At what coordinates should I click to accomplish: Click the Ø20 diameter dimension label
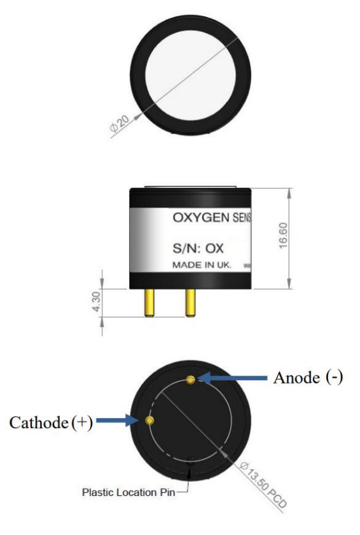click(x=120, y=124)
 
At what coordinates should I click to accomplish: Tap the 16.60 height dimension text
click(x=283, y=235)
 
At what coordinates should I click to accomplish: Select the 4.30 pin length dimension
click(x=97, y=301)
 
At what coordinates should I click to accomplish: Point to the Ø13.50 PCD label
click(x=263, y=485)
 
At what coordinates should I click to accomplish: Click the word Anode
click(x=297, y=378)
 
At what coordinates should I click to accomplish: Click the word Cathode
click(x=39, y=423)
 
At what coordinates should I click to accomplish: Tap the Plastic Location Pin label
click(x=129, y=492)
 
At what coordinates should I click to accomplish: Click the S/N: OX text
click(x=198, y=249)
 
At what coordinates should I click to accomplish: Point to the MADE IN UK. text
click(x=202, y=265)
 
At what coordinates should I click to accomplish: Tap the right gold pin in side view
click(x=191, y=303)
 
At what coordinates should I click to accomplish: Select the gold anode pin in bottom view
click(x=191, y=380)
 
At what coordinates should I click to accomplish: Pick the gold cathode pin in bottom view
click(x=150, y=420)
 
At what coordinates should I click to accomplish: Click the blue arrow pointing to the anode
click(x=232, y=378)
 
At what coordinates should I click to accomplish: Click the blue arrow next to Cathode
click(x=118, y=421)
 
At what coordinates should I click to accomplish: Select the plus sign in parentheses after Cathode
click(x=82, y=423)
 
